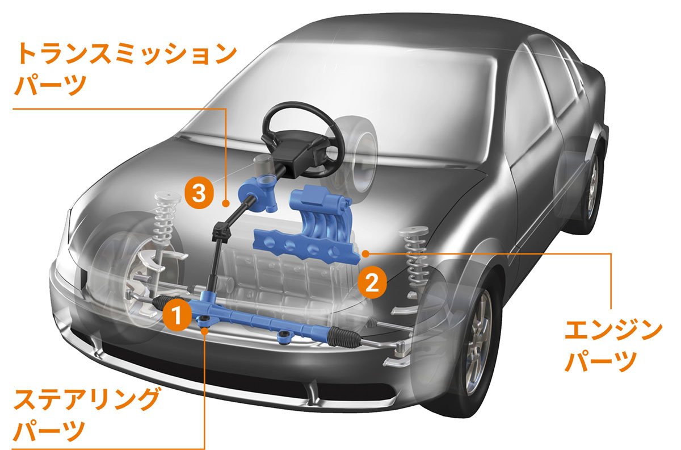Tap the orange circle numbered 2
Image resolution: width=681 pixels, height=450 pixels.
pyautogui.click(x=372, y=281)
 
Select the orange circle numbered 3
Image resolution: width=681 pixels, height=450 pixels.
pyautogui.click(x=197, y=193)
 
